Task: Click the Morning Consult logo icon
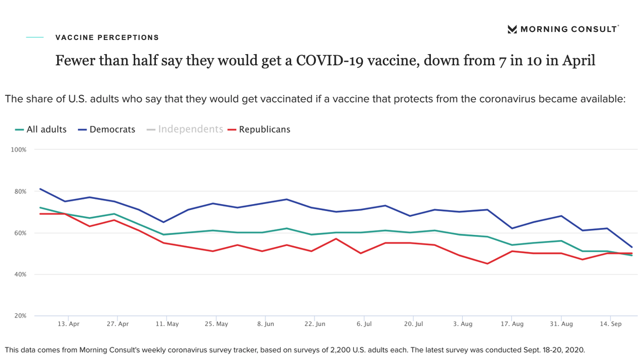click(x=512, y=29)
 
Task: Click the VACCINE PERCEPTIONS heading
click(x=107, y=37)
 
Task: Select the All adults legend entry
click(x=41, y=130)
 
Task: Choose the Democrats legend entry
click(x=107, y=130)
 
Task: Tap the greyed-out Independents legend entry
click(x=185, y=129)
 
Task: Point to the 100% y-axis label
click(x=19, y=150)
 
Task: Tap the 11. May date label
click(x=167, y=324)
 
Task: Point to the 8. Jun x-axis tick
click(x=265, y=324)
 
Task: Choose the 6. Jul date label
click(x=364, y=324)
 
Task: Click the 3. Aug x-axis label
click(x=463, y=324)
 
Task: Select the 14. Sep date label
click(x=611, y=324)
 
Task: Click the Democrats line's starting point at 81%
click(x=40, y=189)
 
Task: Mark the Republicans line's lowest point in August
click(x=487, y=264)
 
